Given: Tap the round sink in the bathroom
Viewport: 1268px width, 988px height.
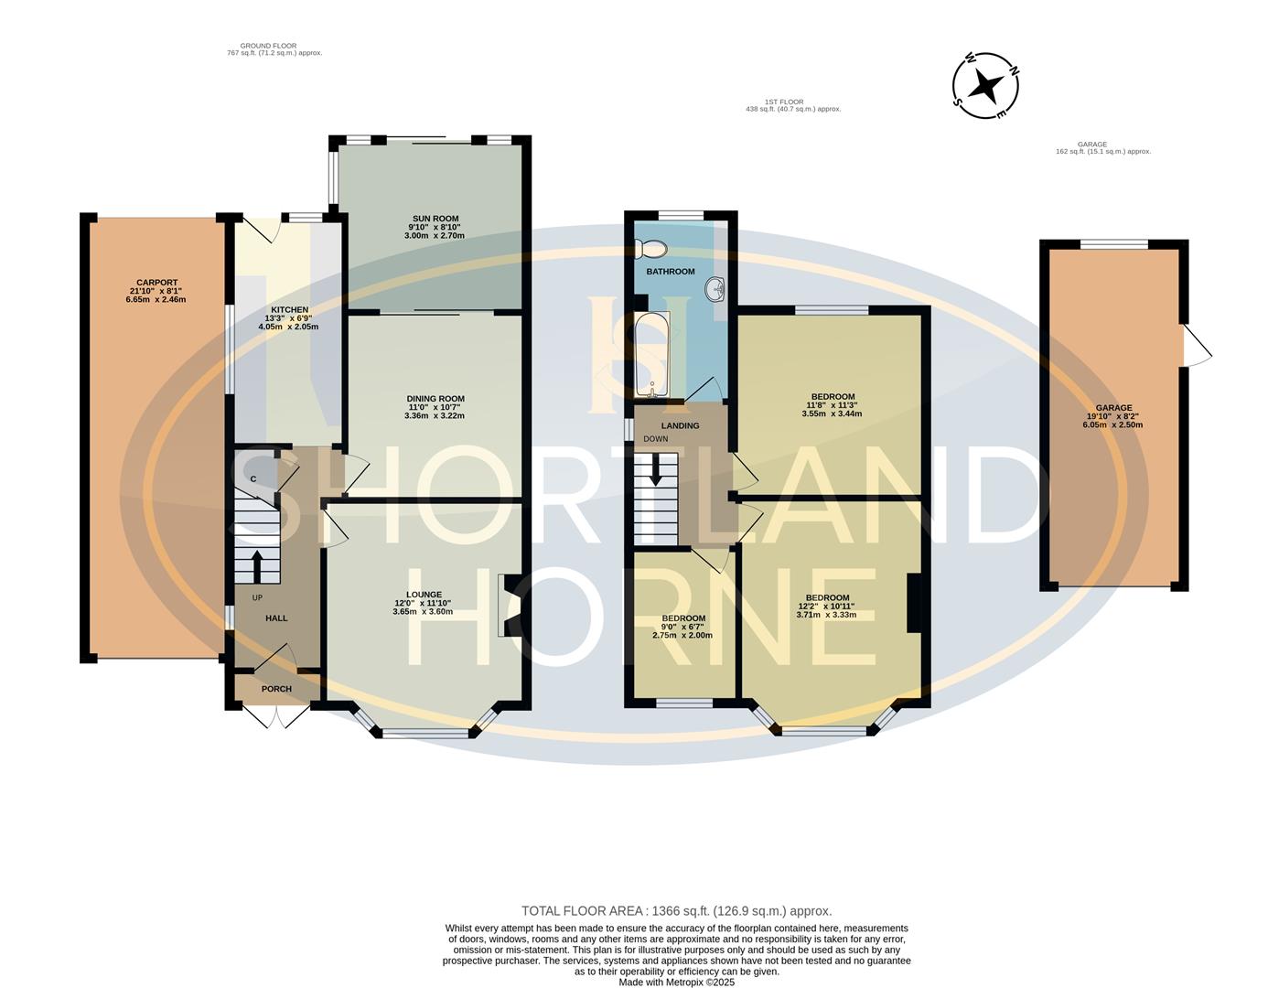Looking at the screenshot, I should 715,290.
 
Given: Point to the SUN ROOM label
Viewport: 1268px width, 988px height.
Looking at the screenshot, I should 434,219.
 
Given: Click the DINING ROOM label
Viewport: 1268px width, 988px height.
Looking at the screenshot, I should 435,399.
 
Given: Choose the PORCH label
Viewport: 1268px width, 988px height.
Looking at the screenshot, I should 276,689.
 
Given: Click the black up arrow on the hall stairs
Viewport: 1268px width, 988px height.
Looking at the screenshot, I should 256,566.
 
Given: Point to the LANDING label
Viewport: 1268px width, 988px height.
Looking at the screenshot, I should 680,425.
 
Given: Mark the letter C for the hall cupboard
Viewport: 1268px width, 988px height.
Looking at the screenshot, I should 253,479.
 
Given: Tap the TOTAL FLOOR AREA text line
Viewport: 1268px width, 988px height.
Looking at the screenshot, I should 676,911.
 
